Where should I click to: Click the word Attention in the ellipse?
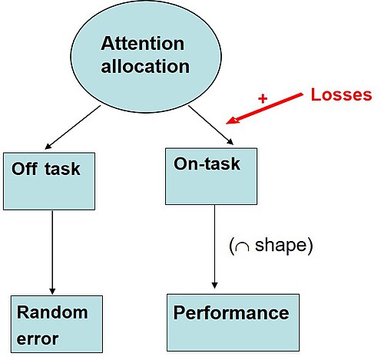point(142,44)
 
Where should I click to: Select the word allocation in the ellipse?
point(145,66)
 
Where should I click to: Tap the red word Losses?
point(341,94)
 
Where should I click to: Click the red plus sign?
point(263,98)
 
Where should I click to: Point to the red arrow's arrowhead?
point(233,120)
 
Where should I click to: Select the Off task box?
point(49,181)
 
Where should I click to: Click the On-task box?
point(211,177)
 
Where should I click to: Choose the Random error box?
point(57,324)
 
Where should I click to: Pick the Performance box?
point(233,322)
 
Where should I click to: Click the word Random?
point(52,312)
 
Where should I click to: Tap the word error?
point(38,339)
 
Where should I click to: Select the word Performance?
point(231,312)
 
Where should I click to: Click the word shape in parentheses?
point(280,246)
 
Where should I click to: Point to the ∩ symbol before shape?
point(242,246)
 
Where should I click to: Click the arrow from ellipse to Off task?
point(73,127)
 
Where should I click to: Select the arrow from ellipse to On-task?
point(211,125)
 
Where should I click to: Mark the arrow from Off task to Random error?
point(52,253)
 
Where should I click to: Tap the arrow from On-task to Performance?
point(214,246)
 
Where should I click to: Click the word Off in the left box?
point(25,169)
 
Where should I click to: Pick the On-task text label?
point(207,163)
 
